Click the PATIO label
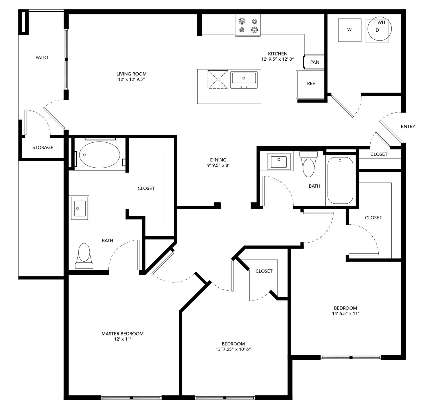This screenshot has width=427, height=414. pos(42,58)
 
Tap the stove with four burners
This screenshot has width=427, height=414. pos(248,25)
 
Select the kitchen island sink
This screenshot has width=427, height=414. pos(244,79)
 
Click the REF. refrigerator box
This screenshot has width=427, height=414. pos(311,84)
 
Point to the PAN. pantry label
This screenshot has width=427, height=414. pos(315,62)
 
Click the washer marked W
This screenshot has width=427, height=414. pos(350,30)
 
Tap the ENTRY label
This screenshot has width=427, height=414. pos(408,126)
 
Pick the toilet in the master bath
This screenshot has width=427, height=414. pos(84,255)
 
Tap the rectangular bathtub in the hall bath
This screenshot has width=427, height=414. pos(340,180)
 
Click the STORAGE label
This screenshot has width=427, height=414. pos(43,147)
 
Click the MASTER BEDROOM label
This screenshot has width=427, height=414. pos(122,333)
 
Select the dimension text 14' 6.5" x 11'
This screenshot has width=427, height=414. pos(345,313)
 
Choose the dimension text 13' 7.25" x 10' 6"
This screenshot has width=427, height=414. pos(233,349)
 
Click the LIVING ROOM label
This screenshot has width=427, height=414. pos(132,74)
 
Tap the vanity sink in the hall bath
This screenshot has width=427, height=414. pos(279,161)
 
